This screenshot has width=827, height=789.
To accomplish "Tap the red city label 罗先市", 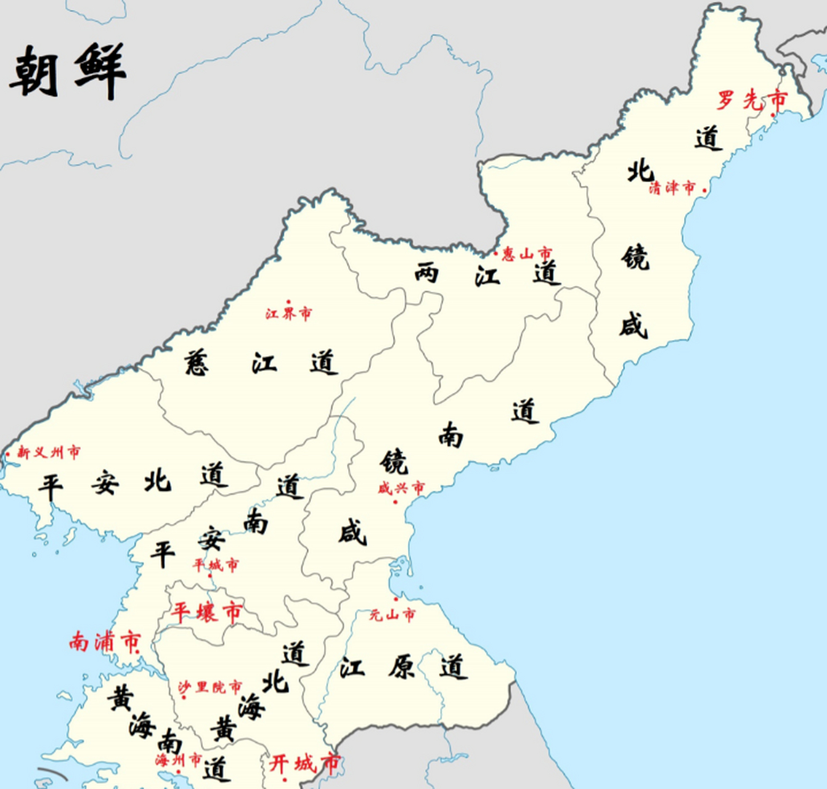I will pyautogui.click(x=752, y=99).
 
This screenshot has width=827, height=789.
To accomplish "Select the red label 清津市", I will pyautogui.click(x=672, y=188).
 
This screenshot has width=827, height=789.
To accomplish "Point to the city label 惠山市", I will pyautogui.click(x=527, y=253).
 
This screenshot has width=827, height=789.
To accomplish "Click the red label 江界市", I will pyautogui.click(x=288, y=314).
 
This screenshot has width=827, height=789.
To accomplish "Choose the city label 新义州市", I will pyautogui.click(x=49, y=453).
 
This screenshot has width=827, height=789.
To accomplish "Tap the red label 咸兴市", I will pyautogui.click(x=401, y=488).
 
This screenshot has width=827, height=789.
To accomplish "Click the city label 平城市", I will pyautogui.click(x=216, y=565).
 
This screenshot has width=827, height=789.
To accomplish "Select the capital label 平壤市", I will pyautogui.click(x=206, y=612).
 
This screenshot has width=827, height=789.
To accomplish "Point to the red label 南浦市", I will pyautogui.click(x=105, y=642).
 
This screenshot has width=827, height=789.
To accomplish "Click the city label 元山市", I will pyautogui.click(x=393, y=615).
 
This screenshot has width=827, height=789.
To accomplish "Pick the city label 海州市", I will pyautogui.click(x=178, y=760).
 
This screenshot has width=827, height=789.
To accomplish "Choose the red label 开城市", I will pyautogui.click(x=304, y=764).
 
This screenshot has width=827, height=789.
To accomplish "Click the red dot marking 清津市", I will pyautogui.click(x=705, y=190).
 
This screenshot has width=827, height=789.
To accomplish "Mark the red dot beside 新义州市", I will pyautogui.click(x=8, y=455).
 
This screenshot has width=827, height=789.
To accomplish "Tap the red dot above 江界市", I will pyautogui.click(x=288, y=302).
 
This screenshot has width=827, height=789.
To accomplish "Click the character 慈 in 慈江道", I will pyautogui.click(x=197, y=362).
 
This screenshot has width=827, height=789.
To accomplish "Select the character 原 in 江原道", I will pyautogui.click(x=402, y=667).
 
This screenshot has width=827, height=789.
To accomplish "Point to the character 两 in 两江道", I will pyautogui.click(x=427, y=272).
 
